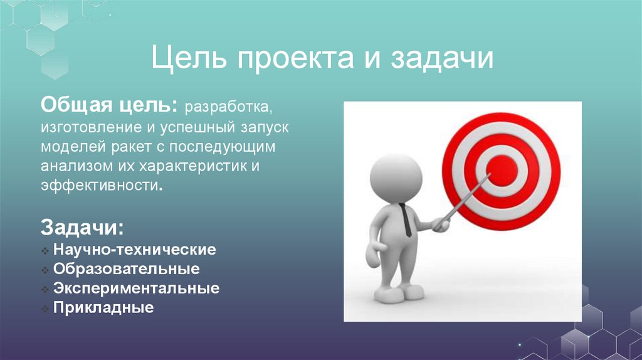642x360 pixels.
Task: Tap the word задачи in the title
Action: point(443,60)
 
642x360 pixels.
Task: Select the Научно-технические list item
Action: point(135,250)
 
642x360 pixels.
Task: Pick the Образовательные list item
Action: point(127,270)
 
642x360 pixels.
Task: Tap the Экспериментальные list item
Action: point(136,289)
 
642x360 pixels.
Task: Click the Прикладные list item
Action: point(103,309)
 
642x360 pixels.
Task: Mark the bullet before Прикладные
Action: point(46,309)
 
